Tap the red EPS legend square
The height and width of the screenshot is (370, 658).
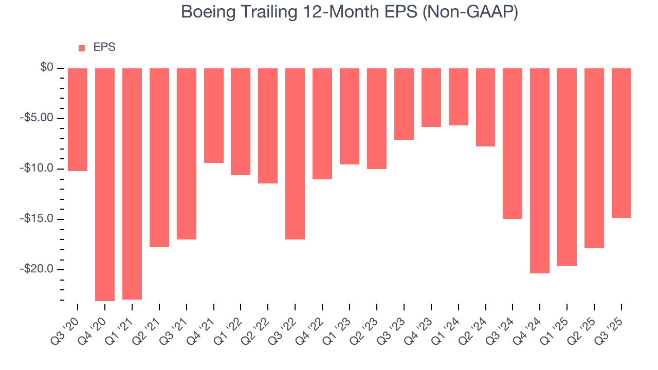[82, 48]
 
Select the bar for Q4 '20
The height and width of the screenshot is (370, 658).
[105, 184]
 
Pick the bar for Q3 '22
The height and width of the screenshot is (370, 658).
[295, 154]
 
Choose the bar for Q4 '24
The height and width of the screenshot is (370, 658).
[540, 171]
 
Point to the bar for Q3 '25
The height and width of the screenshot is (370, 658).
[621, 143]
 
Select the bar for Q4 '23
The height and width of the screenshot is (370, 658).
[431, 98]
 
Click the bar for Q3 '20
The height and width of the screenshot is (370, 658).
[78, 120]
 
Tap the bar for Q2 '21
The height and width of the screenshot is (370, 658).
[159, 158]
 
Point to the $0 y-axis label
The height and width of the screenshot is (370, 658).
[47, 68]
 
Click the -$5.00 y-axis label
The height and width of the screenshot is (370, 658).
[38, 118]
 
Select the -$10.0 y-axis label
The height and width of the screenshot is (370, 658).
[38, 169]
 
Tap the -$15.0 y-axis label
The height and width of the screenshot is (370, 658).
[38, 219]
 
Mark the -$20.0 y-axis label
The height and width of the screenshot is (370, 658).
[38, 269]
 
